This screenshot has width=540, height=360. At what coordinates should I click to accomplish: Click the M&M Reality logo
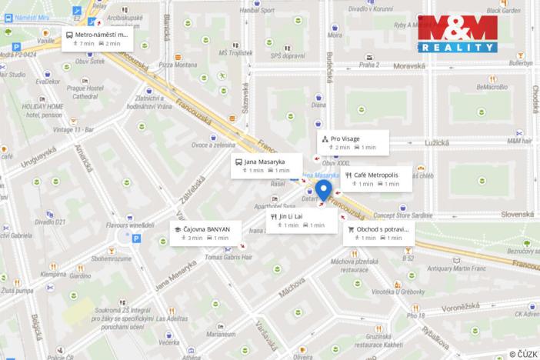click(457, 33)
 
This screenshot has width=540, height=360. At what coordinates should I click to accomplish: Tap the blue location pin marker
click(324, 190)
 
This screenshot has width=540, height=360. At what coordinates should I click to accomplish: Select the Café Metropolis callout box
click(377, 179)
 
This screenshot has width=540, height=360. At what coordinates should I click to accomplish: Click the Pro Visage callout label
click(352, 142)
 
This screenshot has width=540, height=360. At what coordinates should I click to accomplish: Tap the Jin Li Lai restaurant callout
click(302, 220)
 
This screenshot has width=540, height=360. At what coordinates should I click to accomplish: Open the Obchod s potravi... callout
click(378, 233)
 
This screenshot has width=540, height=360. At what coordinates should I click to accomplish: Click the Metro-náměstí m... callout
click(97, 38)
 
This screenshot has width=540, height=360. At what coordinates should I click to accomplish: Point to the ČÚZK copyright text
click(523, 352)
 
